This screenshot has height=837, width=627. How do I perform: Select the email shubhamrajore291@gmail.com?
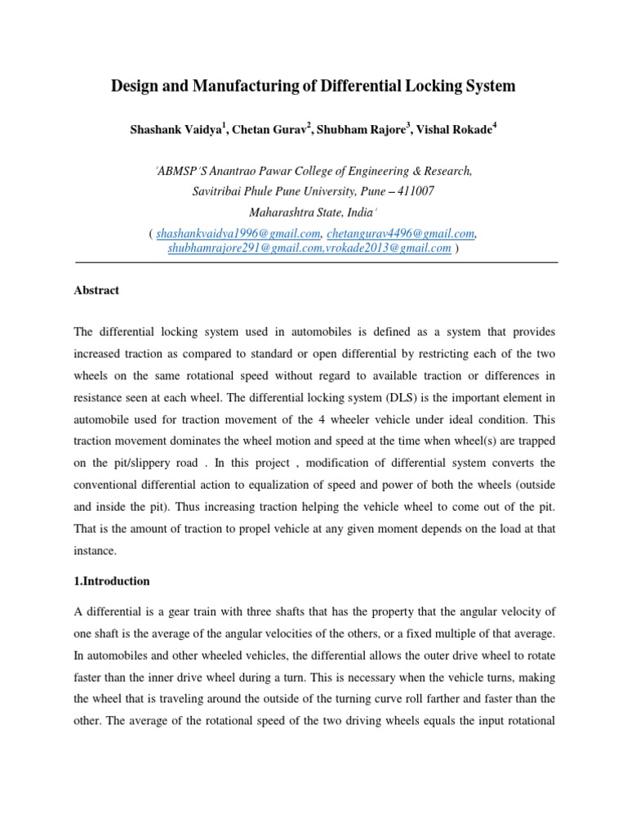tap(238, 248)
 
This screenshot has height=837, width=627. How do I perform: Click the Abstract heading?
tap(96, 290)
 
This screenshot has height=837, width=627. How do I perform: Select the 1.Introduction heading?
tap(112, 581)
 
